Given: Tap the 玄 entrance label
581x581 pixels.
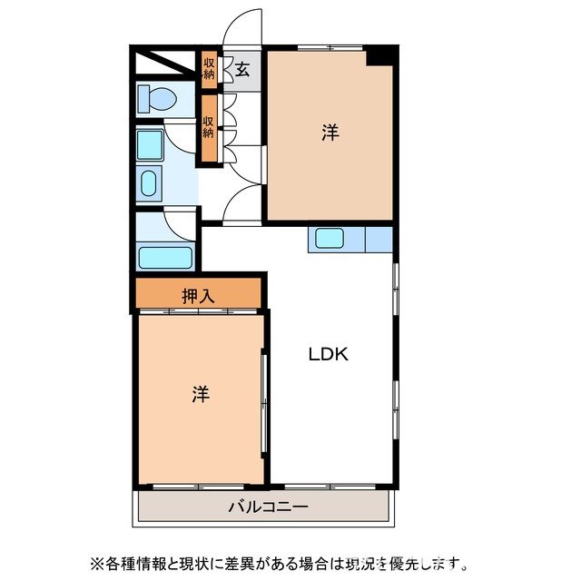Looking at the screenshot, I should click(243, 67).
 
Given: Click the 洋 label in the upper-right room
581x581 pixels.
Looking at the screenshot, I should click(330, 133).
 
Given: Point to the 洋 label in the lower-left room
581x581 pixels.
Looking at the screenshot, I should click(201, 395).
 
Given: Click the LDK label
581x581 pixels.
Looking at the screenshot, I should click(328, 355).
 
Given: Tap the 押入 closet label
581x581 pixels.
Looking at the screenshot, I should click(198, 294).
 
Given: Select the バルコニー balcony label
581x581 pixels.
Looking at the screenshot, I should click(268, 507).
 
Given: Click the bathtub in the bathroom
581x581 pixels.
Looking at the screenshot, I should click(165, 257).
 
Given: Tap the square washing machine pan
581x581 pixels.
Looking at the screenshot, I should click(150, 143).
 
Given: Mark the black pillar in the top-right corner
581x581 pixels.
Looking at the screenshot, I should click(381, 54).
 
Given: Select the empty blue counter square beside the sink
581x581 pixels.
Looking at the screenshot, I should click(378, 240).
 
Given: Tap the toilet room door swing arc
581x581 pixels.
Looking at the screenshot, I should click(184, 134).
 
